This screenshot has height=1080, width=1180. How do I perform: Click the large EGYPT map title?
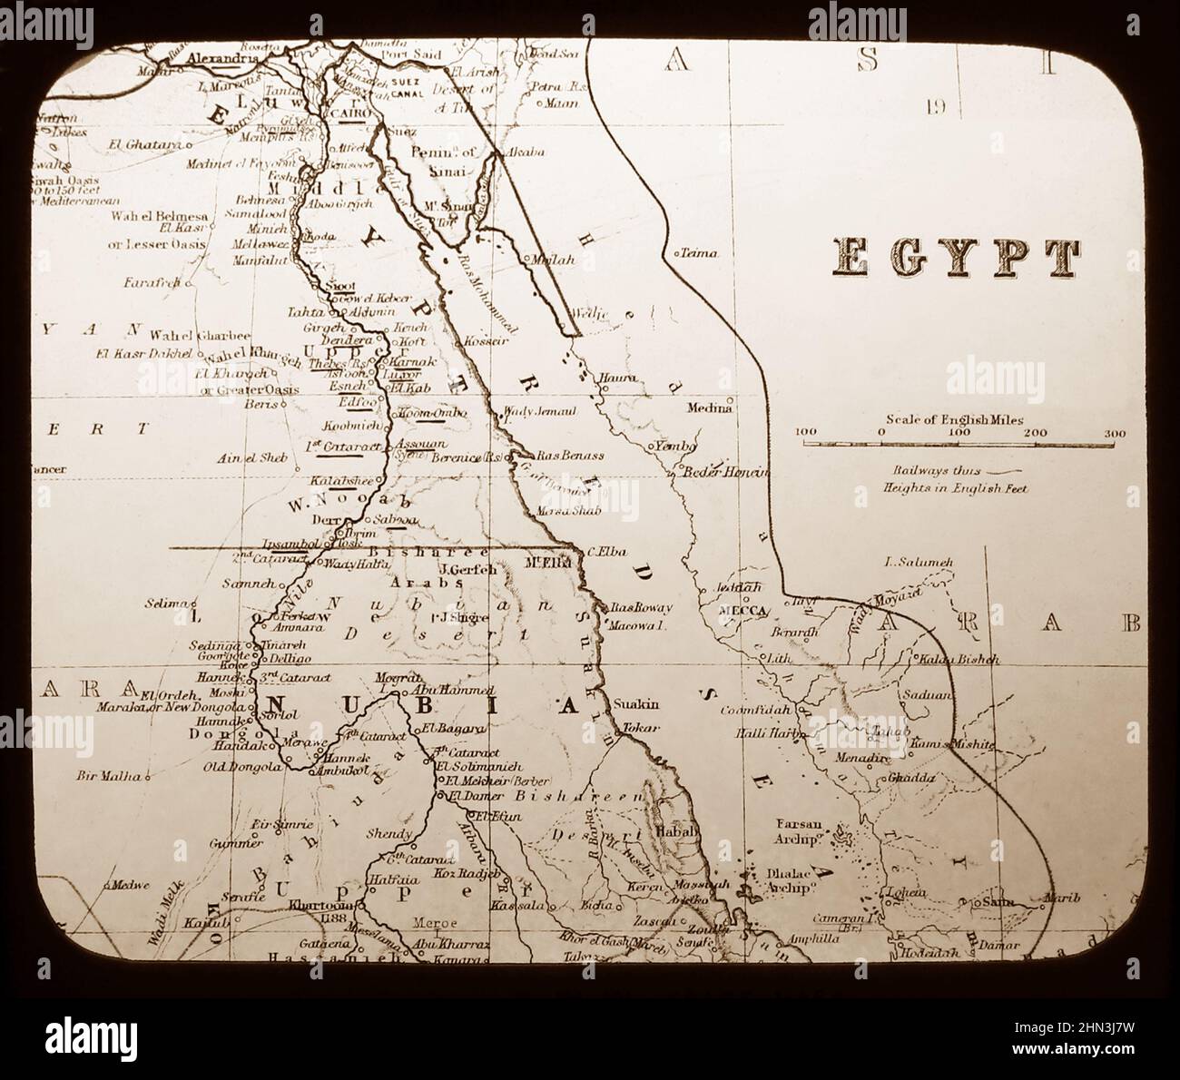coord(958,259)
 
